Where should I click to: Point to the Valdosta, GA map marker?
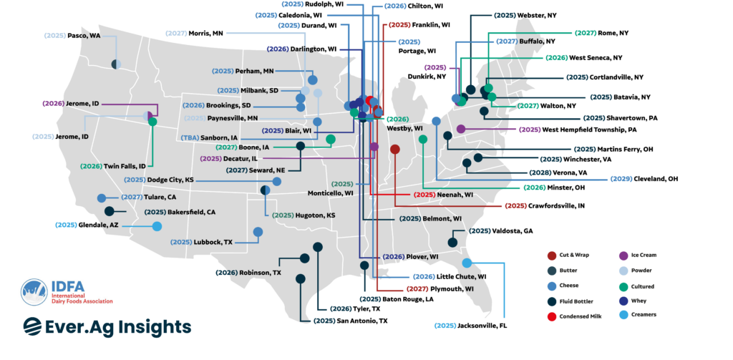(x=452, y=243)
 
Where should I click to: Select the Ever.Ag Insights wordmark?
(x=107, y=326)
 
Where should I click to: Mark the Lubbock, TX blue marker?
(x=258, y=231)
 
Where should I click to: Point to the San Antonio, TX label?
(x=351, y=321)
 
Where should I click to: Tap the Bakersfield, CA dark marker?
(x=110, y=211)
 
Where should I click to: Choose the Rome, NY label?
(x=602, y=32)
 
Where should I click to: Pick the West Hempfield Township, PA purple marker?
(x=461, y=130)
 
